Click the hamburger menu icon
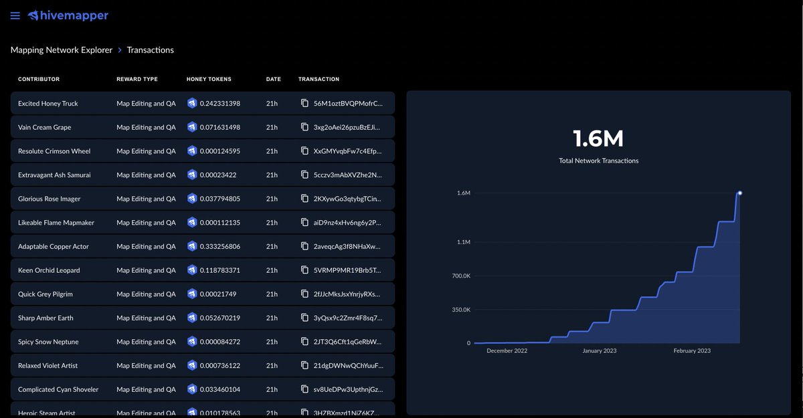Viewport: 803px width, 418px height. pos(15,15)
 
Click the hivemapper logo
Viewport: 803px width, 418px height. pos(68,15)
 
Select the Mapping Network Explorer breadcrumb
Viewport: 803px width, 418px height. pos(62,50)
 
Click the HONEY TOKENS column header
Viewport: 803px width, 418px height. pos(209,79)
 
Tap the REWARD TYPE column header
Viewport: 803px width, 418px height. pos(137,79)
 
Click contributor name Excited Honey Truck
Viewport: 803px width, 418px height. pos(48,104)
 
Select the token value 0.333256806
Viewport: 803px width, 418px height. pos(220,247)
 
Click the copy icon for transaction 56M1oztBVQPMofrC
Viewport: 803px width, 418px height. pos(304,104)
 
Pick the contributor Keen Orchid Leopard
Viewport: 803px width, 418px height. pos(49,270)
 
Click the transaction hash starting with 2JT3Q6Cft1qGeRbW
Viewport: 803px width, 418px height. pos(348,342)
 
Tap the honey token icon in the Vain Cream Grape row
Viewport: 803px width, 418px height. pos(192,127)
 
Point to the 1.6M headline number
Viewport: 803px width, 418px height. pos(598,138)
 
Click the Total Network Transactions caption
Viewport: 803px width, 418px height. pos(598,161)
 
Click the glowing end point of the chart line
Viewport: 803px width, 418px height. pos(739,193)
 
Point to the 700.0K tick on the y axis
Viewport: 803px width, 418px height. pos(461,276)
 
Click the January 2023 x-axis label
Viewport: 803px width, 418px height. pos(599,350)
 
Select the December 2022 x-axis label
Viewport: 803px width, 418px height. pos(507,350)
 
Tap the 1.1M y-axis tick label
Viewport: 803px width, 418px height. pos(463,242)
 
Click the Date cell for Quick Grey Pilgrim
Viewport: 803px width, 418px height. pos(272,294)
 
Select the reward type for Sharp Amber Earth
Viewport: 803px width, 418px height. pos(146,318)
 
